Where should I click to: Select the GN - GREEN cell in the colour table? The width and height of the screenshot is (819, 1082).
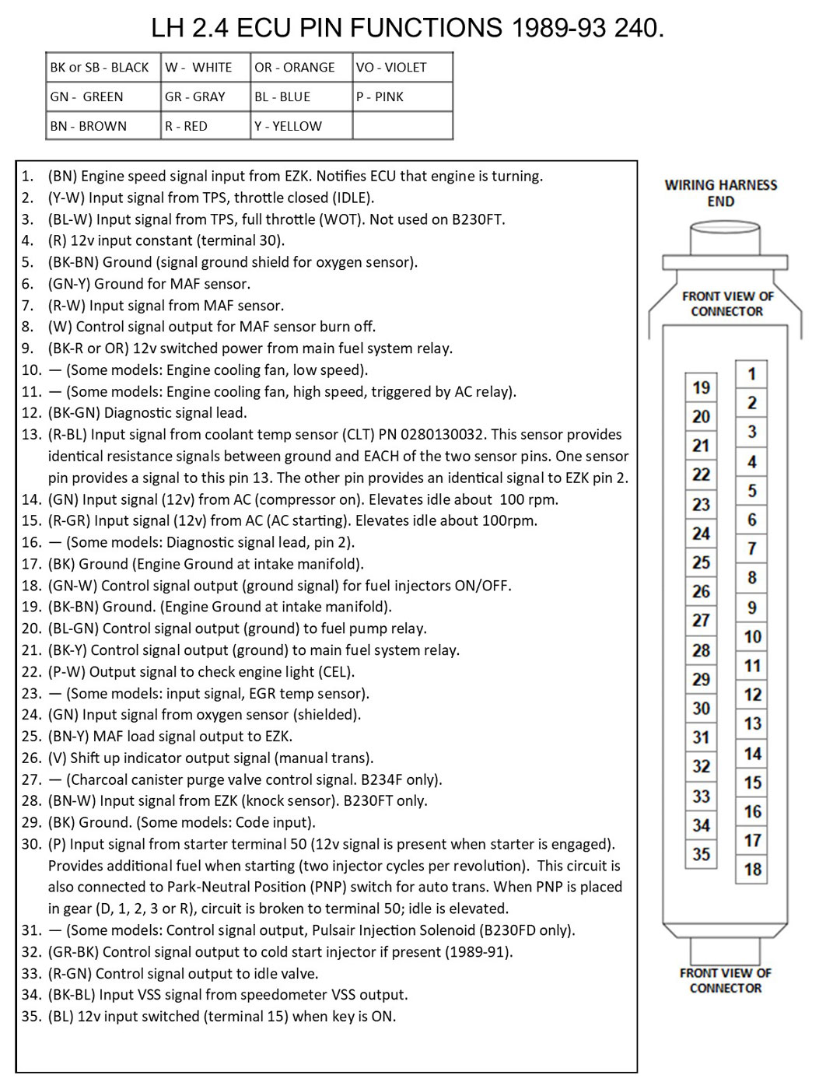(x=87, y=96)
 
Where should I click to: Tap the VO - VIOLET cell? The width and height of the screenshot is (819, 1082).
(x=391, y=67)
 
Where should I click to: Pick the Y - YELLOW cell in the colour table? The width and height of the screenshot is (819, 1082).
(x=288, y=126)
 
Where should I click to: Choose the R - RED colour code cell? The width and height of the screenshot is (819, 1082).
(x=186, y=126)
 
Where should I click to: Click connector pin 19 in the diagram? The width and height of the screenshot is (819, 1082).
(x=701, y=387)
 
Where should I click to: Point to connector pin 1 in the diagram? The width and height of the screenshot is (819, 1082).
(x=751, y=374)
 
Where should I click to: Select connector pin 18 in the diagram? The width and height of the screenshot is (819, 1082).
(x=752, y=869)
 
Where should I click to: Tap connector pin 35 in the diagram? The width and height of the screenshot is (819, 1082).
(x=701, y=854)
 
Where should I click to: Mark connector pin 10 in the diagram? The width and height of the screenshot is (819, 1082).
(x=752, y=637)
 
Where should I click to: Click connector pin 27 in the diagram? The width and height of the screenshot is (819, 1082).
(x=701, y=621)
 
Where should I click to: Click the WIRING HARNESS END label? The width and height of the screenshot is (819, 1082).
(x=720, y=193)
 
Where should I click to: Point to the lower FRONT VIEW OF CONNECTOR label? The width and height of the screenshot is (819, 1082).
(x=725, y=980)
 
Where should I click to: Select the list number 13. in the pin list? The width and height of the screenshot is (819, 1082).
(x=31, y=434)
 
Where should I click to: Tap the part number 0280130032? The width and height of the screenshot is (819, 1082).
(x=441, y=434)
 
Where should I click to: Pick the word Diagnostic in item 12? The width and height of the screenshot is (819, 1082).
(x=142, y=412)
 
